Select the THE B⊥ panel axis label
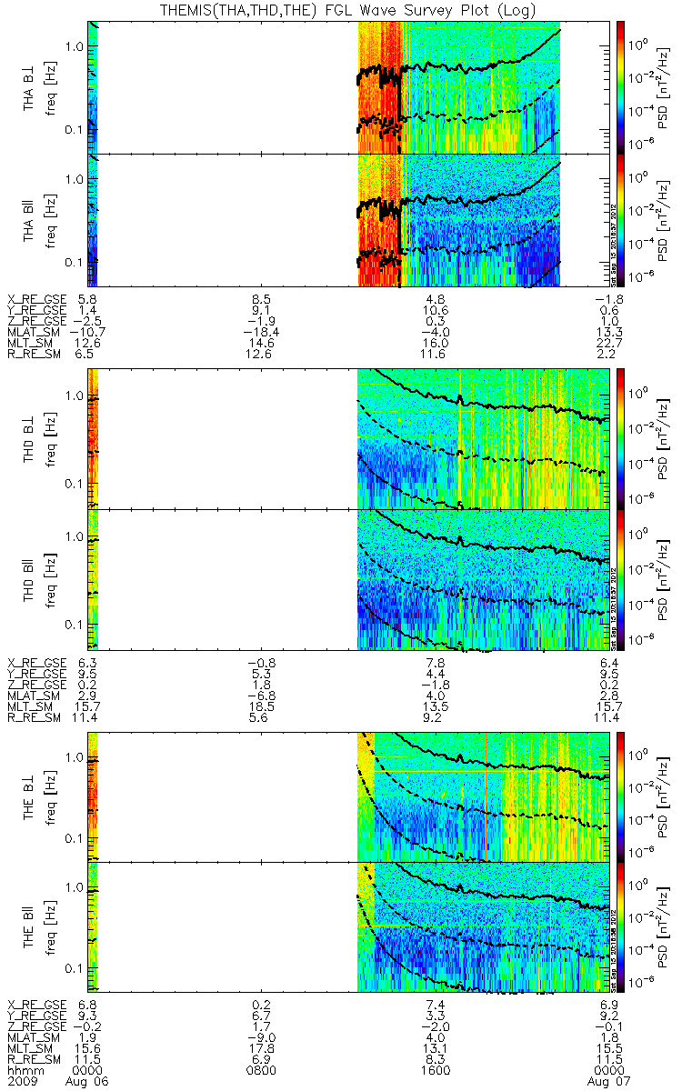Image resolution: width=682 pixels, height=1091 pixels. click(29, 796)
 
